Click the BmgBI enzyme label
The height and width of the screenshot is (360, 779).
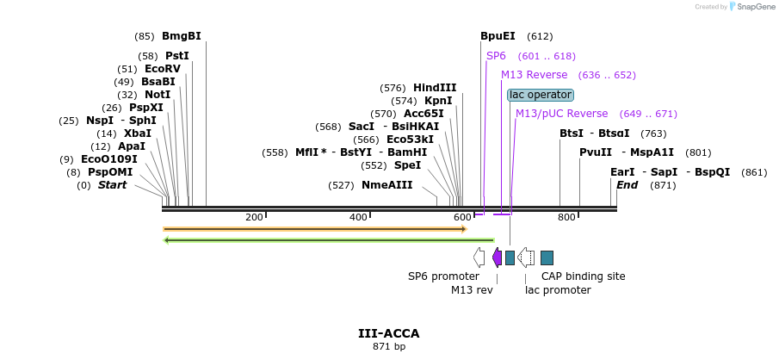[x=181, y=36]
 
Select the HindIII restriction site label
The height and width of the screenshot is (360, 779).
[x=435, y=88]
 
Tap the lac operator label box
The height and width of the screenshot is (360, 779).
[x=540, y=95]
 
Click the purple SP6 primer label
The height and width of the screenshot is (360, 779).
[x=496, y=56]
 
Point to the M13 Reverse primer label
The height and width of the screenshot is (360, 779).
[x=534, y=75]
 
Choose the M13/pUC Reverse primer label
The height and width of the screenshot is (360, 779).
[x=561, y=114]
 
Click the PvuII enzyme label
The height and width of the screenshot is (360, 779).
[x=596, y=152]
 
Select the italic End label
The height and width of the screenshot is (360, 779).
[x=627, y=185]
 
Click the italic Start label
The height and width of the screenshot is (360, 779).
[x=112, y=185]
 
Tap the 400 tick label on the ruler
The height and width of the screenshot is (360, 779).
[x=359, y=217]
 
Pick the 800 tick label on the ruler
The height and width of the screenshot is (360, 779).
[x=566, y=217]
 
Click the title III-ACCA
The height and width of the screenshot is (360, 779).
[x=389, y=333]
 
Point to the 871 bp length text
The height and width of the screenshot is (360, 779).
[x=389, y=346]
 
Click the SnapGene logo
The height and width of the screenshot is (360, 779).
[x=751, y=7]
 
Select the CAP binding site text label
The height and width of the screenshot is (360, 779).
[x=583, y=276]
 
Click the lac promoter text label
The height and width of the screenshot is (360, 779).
[x=558, y=290]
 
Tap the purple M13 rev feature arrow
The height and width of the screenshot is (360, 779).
[x=497, y=257]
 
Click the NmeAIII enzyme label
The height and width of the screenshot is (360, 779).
[x=386, y=185]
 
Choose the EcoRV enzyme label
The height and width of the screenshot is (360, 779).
[x=163, y=69]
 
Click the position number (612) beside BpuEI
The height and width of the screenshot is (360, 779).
[x=540, y=36]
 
